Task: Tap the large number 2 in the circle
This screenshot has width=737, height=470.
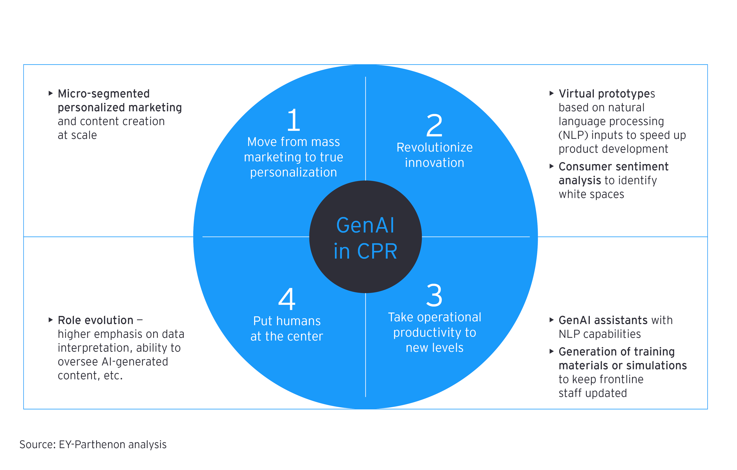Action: tap(434, 125)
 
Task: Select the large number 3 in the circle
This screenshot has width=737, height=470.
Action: tap(434, 295)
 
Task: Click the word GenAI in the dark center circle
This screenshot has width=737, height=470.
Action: tap(365, 226)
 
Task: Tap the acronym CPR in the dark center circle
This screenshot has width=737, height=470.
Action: tap(377, 252)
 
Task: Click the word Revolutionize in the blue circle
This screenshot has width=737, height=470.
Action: tap(434, 148)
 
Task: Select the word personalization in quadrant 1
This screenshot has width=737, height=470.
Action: tap(293, 173)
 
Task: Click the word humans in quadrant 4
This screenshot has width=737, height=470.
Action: tap(299, 321)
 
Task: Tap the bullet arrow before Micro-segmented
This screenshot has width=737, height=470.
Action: tap(51, 93)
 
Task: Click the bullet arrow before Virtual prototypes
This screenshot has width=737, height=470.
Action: tap(552, 93)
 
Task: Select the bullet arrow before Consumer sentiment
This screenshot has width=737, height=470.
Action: tap(552, 166)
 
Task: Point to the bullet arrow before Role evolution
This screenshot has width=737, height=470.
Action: tap(51, 320)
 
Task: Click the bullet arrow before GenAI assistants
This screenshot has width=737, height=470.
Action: tap(552, 320)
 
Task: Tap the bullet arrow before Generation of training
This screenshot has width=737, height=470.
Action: tap(552, 351)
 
